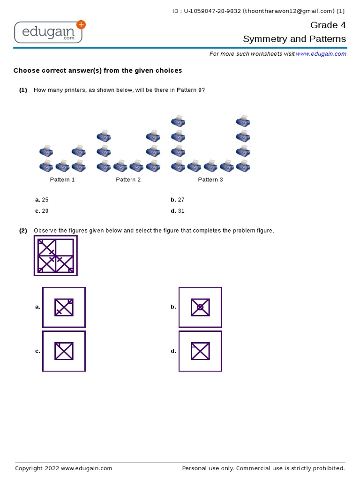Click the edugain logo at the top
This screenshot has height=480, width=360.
pyautogui.click(x=50, y=32)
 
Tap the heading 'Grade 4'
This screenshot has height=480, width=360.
pyautogui.click(x=328, y=25)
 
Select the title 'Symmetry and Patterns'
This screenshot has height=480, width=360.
pyautogui.click(x=294, y=39)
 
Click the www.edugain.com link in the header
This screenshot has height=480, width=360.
pyautogui.click(x=321, y=54)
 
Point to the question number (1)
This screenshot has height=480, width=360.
pyautogui.click(x=23, y=90)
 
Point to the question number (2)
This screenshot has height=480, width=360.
pyautogui.click(x=23, y=231)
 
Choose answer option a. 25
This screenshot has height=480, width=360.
pyautogui.click(x=42, y=200)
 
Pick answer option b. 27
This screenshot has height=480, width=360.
pyautogui.click(x=178, y=200)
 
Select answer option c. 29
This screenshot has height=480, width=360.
pyautogui.click(x=42, y=211)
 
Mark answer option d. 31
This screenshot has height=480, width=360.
pyautogui.click(x=178, y=211)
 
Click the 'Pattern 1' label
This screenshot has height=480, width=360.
pyautogui.click(x=62, y=180)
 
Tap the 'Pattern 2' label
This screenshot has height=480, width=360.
pyautogui.click(x=128, y=180)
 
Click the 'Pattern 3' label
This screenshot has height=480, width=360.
pyautogui.click(x=210, y=180)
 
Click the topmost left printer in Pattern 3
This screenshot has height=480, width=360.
pyautogui.click(x=178, y=121)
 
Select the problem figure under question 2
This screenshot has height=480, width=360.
pyautogui.click(x=55, y=255)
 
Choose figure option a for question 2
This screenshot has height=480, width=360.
pyautogui.click(x=64, y=307)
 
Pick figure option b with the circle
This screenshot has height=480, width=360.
pyautogui.click(x=200, y=307)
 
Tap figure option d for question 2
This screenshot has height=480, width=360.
pyautogui.click(x=200, y=351)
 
